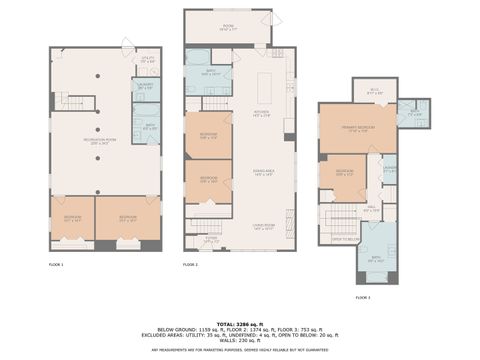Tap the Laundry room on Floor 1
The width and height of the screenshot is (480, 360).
click(x=146, y=87)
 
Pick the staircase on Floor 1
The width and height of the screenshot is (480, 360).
click(x=78, y=102)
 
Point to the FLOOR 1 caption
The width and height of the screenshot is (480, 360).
click(x=56, y=264)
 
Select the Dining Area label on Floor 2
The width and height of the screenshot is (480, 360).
click(x=262, y=175)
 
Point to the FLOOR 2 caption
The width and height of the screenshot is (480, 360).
click(x=191, y=264)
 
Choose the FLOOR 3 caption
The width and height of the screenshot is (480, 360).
click(x=362, y=297)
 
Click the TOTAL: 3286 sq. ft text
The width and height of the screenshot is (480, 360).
click(x=240, y=324)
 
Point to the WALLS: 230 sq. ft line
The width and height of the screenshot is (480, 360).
click(x=240, y=341)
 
